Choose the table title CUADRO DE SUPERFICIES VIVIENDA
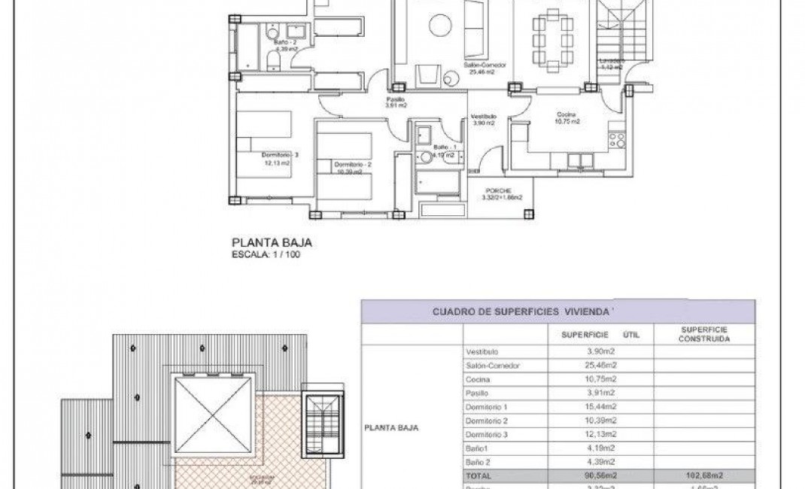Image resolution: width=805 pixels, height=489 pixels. tap(524, 311)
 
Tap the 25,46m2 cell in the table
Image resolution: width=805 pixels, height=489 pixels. tap(601, 366)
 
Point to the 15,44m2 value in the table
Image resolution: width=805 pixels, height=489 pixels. tap(601, 407)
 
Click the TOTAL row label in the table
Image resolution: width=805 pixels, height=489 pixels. tap(478, 476)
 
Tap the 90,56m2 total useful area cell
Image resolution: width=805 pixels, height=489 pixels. tap(601, 476)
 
